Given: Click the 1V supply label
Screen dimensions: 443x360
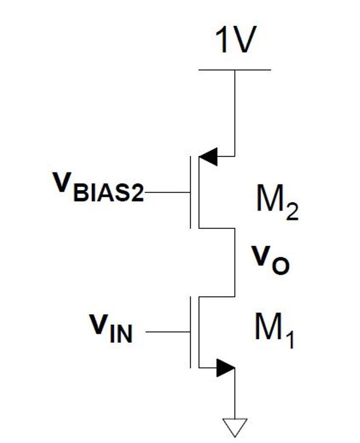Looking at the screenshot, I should [235, 41].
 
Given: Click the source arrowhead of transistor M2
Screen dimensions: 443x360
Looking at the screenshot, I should [208, 156].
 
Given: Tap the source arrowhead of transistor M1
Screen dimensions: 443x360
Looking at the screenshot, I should [225, 368].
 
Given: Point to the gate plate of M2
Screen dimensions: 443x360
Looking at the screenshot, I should [191, 193].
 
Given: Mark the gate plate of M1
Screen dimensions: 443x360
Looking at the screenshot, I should [191, 332].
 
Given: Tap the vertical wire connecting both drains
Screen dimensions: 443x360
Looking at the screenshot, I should [234, 262].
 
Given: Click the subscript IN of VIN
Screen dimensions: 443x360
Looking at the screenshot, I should [122, 334].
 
